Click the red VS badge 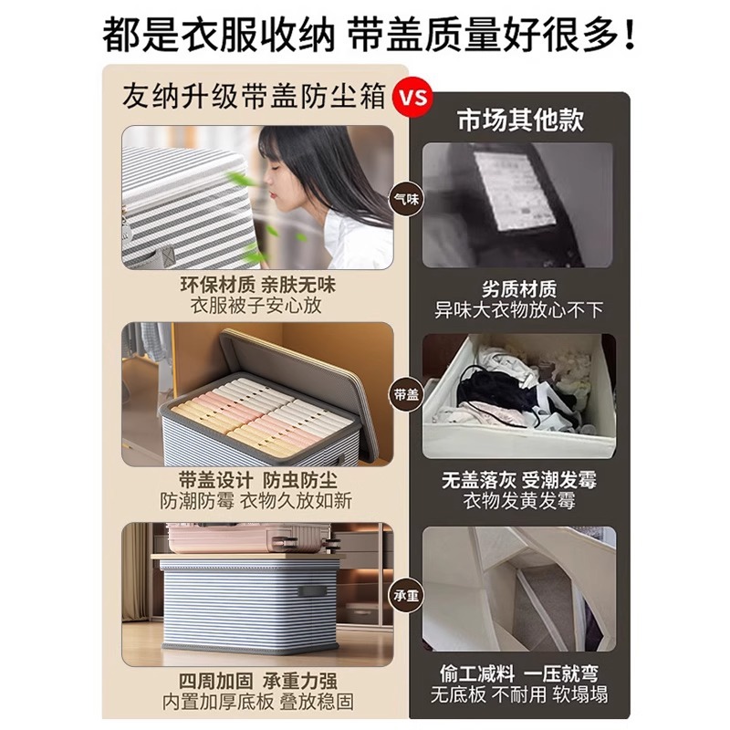[x=412, y=98]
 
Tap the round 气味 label [x=406, y=200]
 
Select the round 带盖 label [x=406, y=395]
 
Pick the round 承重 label [x=406, y=596]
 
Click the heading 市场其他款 [x=520, y=120]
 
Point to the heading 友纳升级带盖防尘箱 [x=255, y=96]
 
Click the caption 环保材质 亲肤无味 [x=257, y=285]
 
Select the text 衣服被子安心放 [x=255, y=306]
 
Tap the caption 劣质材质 [x=519, y=289]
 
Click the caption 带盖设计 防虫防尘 [x=257, y=480]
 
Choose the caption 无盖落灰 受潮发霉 [x=519, y=480]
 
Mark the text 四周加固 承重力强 [x=257, y=681]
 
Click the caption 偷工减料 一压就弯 [x=519, y=673]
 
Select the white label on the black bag [x=515, y=190]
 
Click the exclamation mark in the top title [x=631, y=34]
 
